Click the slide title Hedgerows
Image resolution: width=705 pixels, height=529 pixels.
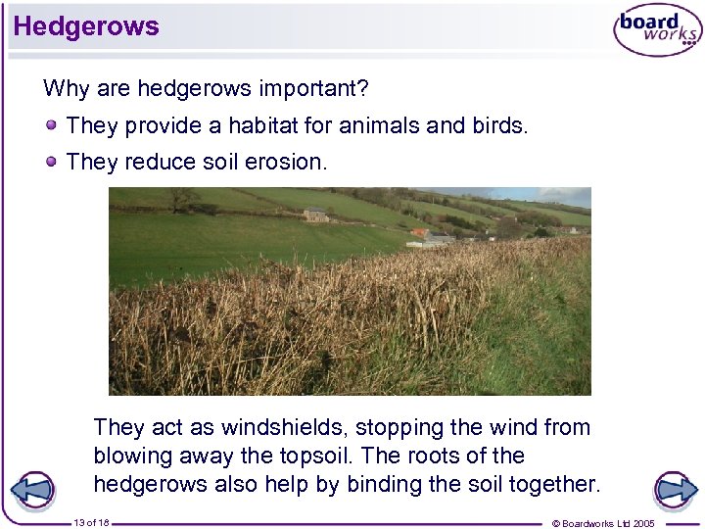pyautogui.click(x=86, y=26)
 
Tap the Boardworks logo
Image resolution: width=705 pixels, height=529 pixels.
pyautogui.click(x=657, y=31)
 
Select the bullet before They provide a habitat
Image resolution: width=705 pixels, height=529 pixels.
pyautogui.click(x=51, y=126)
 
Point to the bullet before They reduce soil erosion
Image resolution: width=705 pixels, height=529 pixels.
pyautogui.click(x=51, y=162)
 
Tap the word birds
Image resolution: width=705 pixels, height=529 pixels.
pyautogui.click(x=498, y=126)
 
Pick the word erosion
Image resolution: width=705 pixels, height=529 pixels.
pyautogui.click(x=291, y=162)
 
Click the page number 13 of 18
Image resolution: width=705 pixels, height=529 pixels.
pyautogui.click(x=91, y=523)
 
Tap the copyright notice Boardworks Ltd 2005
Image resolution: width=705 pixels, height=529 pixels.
pyautogui.click(x=604, y=523)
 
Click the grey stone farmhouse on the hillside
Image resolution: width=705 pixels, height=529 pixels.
pyautogui.click(x=315, y=215)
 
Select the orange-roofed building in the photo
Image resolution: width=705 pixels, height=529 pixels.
pyautogui.click(x=420, y=233)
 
